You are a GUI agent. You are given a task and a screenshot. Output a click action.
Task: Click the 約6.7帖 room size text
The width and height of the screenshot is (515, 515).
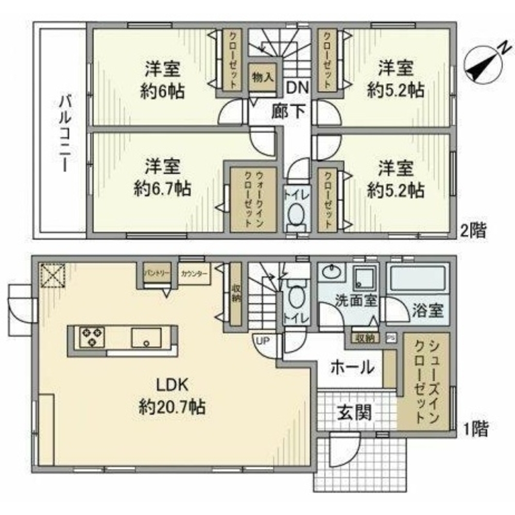(x=162, y=189)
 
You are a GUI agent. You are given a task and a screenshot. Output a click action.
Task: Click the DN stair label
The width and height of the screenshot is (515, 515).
(x=297, y=88)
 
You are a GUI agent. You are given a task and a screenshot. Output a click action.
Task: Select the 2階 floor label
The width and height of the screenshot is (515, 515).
(x=473, y=230)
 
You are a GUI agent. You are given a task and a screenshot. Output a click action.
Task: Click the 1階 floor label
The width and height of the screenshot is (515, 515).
(x=473, y=428)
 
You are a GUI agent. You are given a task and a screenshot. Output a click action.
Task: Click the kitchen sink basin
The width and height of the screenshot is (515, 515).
(x=146, y=338)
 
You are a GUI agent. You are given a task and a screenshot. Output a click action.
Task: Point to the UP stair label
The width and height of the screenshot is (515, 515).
(x=261, y=341)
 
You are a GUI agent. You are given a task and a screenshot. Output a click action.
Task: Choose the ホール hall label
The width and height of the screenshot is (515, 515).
(x=352, y=367)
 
